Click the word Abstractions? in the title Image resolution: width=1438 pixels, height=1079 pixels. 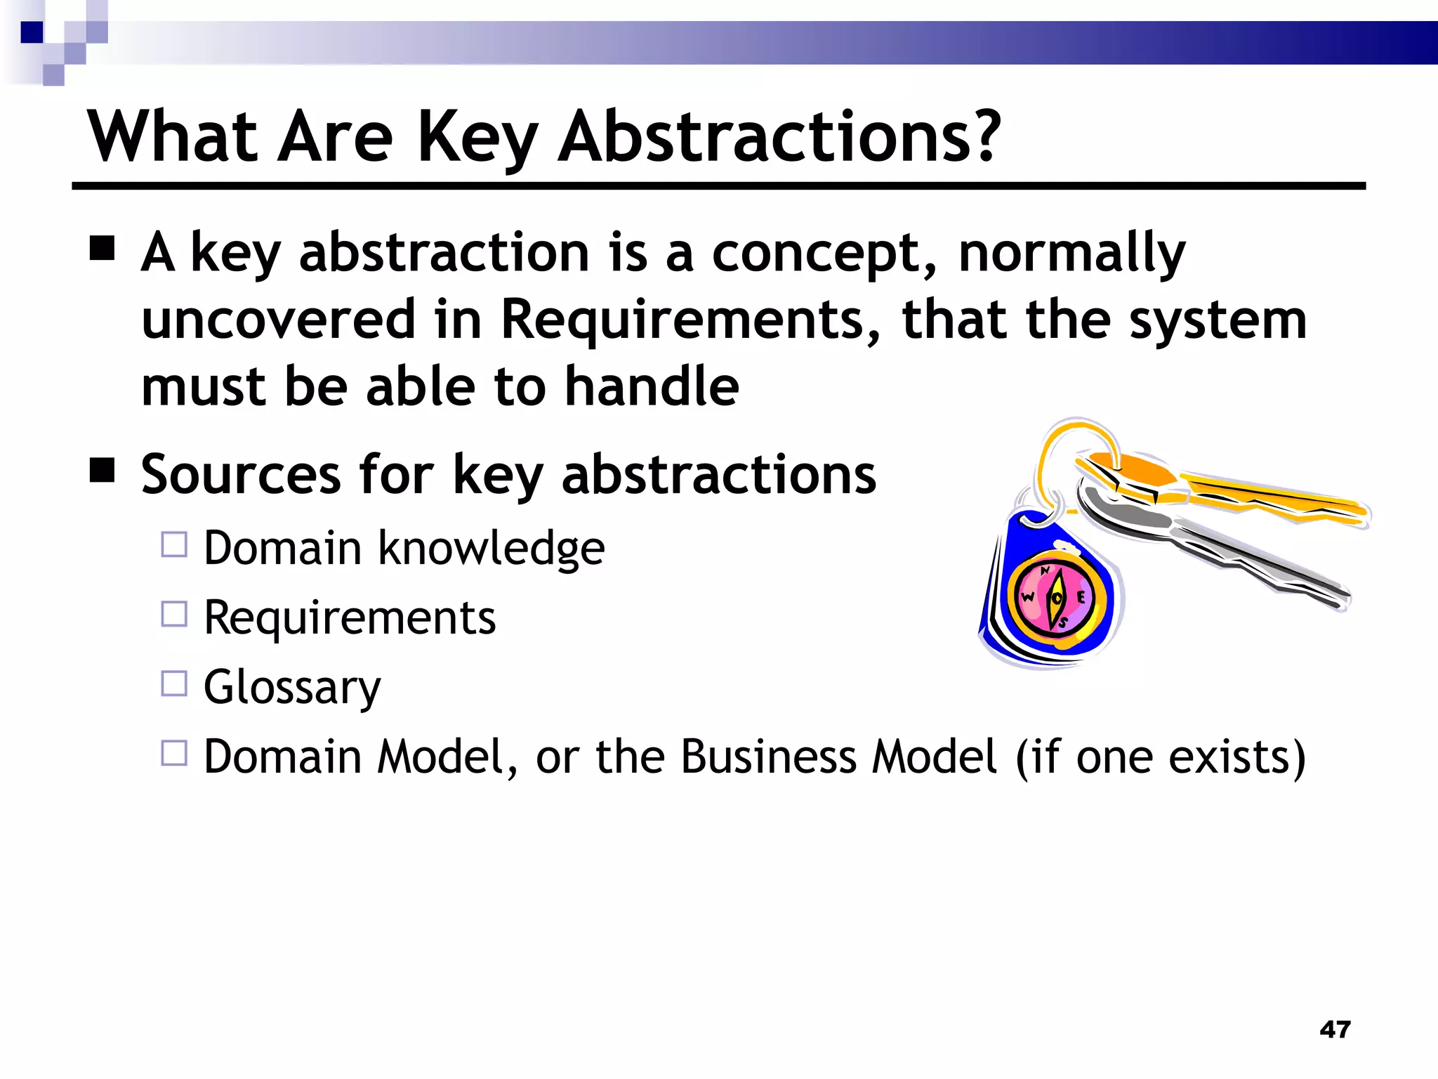click(x=779, y=137)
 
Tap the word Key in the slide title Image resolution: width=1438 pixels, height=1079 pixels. click(x=477, y=138)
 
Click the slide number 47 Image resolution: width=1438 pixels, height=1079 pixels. click(x=1335, y=1029)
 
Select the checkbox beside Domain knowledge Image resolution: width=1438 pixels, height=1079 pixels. click(x=174, y=544)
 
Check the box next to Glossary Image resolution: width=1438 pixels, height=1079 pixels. click(x=174, y=684)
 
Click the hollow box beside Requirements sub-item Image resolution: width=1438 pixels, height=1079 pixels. click(x=174, y=614)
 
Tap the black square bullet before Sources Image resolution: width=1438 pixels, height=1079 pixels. click(x=103, y=470)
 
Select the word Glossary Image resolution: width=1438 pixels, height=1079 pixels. click(x=292, y=687)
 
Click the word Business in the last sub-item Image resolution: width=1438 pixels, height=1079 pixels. click(x=767, y=757)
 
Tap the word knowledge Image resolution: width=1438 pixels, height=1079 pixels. click(x=491, y=548)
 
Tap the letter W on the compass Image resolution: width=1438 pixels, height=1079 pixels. click(x=1028, y=598)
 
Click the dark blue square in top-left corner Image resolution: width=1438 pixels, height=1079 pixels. click(x=32, y=32)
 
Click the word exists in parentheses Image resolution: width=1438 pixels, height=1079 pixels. click(x=1236, y=757)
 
